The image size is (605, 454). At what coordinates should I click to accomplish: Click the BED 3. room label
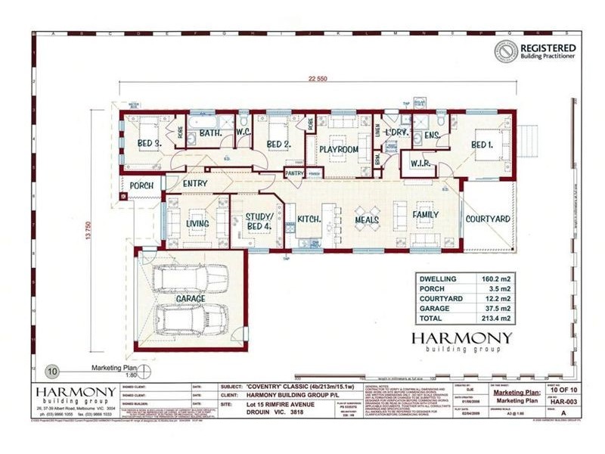pos(149,143)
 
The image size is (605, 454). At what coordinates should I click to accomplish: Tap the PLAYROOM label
pos(338,150)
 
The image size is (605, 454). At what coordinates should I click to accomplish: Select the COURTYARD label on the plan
pos(488,219)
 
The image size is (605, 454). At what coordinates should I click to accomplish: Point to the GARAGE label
pos(191,299)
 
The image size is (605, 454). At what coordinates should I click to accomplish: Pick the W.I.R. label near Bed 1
pos(420,163)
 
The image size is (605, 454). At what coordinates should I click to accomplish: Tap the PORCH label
pos(141,185)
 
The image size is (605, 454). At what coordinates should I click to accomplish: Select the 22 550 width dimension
pos(318,76)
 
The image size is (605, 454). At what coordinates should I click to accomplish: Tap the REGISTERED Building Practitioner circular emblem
pos(506,51)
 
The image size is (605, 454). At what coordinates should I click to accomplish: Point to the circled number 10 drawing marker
pos(52,372)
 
